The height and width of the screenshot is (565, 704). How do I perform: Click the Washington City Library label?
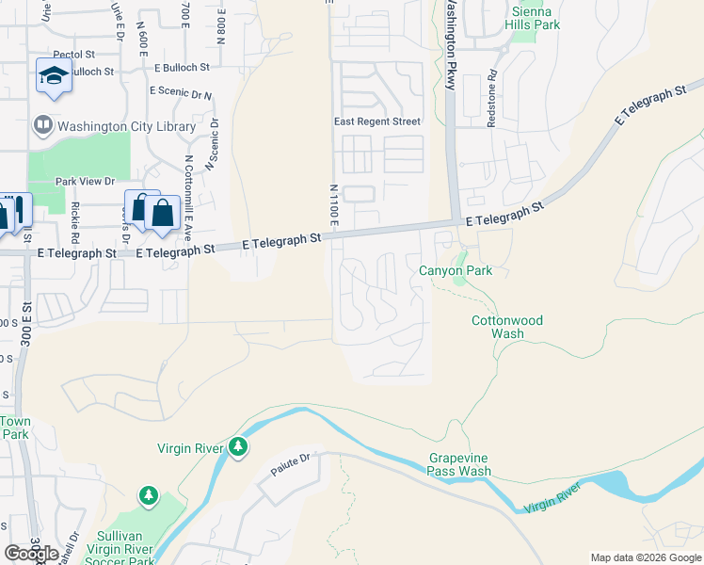(x=127, y=126)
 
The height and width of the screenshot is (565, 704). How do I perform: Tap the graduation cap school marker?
(x=54, y=76)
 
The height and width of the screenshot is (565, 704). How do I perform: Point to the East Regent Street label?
(x=377, y=121)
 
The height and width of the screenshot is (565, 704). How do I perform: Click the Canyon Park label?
(x=456, y=271)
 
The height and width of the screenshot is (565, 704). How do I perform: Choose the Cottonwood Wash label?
(x=507, y=327)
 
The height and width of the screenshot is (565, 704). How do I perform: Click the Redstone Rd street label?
(x=492, y=88)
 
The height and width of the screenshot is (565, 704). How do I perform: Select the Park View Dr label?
(x=85, y=182)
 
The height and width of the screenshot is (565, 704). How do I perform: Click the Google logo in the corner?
(x=32, y=554)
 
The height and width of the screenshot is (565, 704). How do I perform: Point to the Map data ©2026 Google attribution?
(x=646, y=557)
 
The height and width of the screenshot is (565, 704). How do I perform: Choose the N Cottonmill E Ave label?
(x=188, y=196)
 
